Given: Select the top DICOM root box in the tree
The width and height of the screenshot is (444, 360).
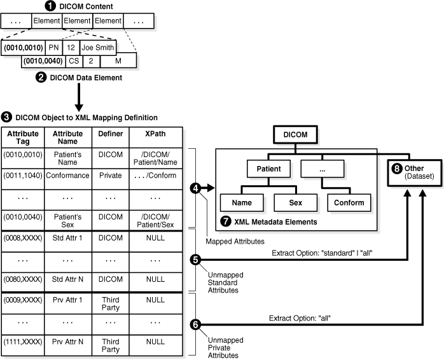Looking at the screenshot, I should tap(296, 135).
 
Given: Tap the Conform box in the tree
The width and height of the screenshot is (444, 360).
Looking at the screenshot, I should tap(349, 203).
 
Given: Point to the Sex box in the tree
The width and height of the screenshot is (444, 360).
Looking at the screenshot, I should tap(296, 203).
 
